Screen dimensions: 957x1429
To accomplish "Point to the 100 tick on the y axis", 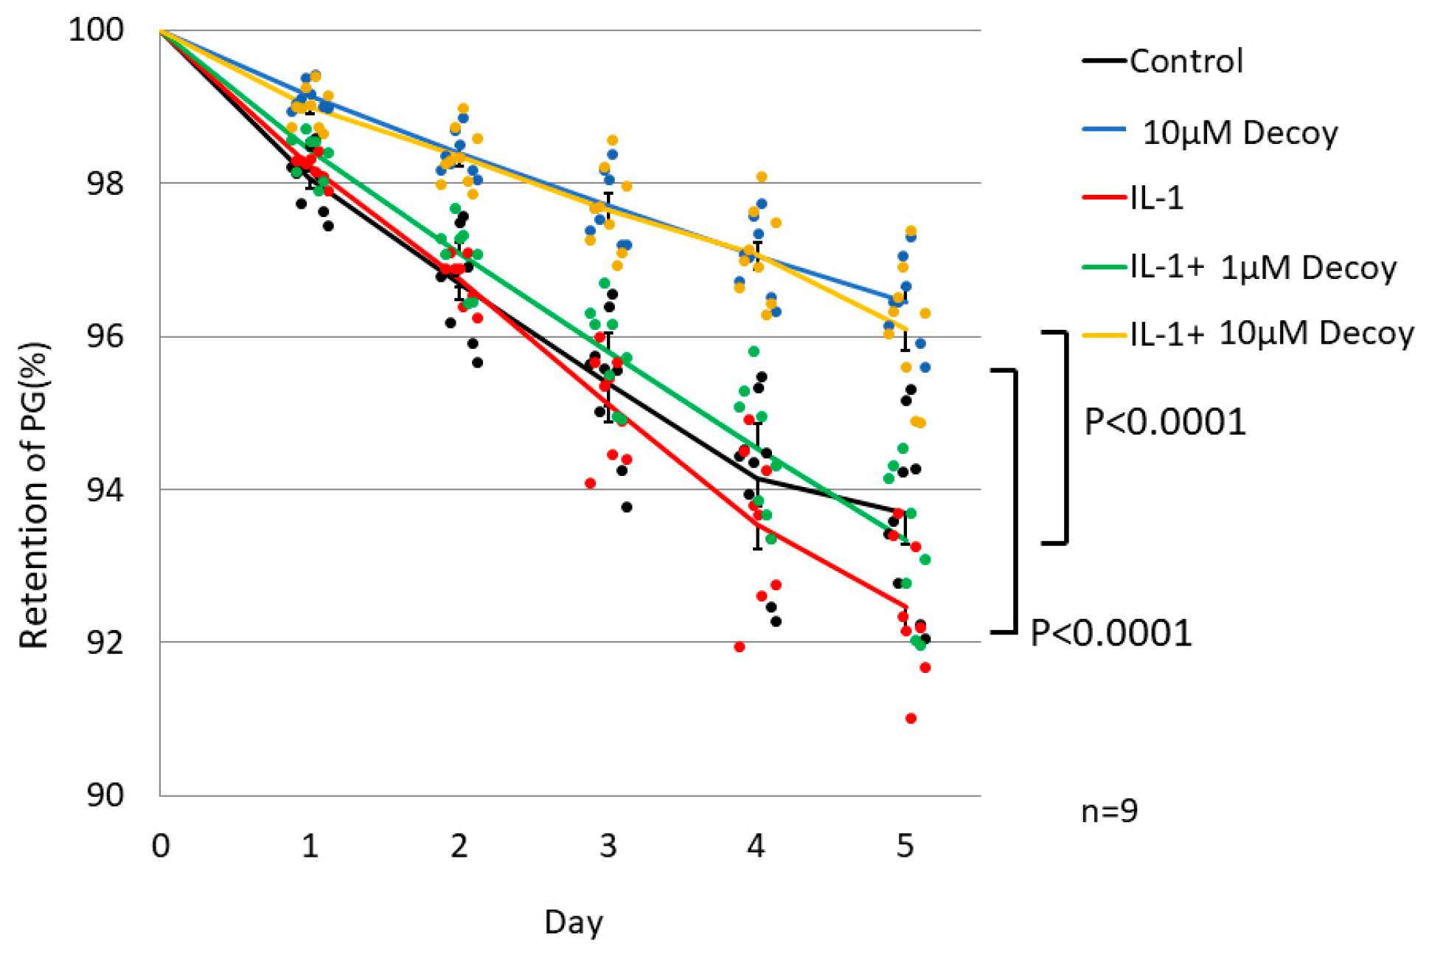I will tap(96, 30).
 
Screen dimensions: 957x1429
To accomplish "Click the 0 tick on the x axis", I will tap(161, 846).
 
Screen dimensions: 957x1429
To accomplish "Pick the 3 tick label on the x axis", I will tap(608, 846).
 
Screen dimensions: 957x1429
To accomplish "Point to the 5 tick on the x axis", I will tap(905, 846).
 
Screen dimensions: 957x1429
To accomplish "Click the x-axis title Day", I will tap(574, 922).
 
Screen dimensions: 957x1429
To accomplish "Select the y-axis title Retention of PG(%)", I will tap(33, 494).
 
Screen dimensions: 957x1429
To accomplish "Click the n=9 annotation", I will tap(1109, 811).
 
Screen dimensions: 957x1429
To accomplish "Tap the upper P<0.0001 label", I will tap(1164, 422).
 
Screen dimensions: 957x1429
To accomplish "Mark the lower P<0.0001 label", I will tap(1110, 633).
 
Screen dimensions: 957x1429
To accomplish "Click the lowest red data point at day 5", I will tap(911, 718).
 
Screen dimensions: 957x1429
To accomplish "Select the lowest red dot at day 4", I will tap(740, 647).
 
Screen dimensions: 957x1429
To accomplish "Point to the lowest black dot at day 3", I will tap(627, 507).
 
